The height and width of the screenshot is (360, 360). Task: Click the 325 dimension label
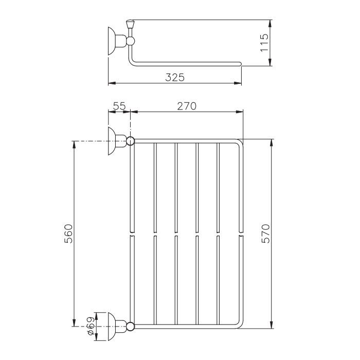click(x=175, y=77)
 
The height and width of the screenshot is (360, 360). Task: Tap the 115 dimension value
click(x=264, y=43)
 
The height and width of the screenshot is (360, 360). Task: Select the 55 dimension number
click(x=120, y=106)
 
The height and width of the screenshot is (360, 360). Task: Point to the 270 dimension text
click(x=187, y=106)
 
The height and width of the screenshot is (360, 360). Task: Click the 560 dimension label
click(x=68, y=233)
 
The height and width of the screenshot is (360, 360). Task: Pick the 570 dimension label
click(x=266, y=233)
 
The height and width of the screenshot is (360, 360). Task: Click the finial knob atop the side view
click(x=130, y=23)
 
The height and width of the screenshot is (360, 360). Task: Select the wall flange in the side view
click(x=112, y=41)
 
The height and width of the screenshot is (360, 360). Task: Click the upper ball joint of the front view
click(x=130, y=141)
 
